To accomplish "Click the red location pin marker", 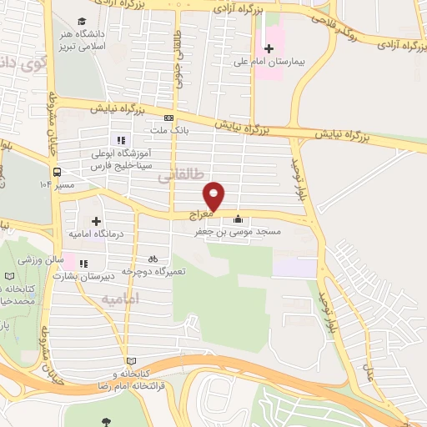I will pyautogui.click(x=215, y=195).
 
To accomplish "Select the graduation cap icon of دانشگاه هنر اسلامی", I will pyautogui.click(x=81, y=21).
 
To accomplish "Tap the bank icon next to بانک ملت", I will pyautogui.click(x=168, y=118).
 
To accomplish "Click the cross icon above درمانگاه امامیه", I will pyautogui.click(x=96, y=222).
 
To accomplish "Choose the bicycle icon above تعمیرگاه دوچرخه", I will pyautogui.click(x=153, y=259).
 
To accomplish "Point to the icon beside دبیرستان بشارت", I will pyautogui.click(x=83, y=265).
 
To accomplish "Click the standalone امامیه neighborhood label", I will pyautogui.click(x=118, y=298).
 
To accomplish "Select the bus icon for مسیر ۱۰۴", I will pyautogui.click(x=57, y=173).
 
